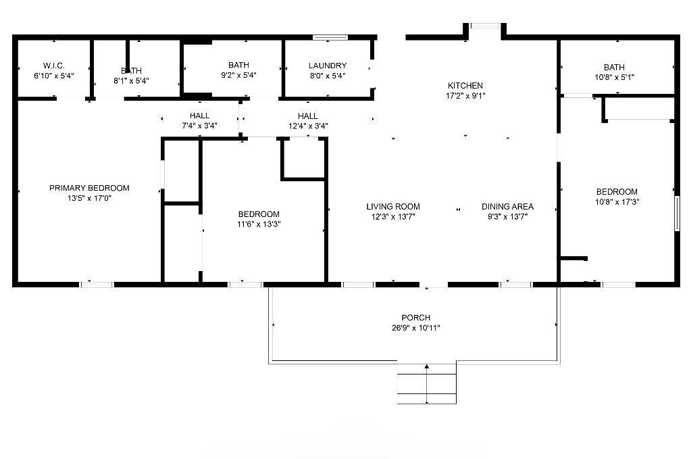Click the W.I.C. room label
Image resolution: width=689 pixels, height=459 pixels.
(53, 66)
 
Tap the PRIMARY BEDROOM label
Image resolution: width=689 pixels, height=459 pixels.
(89, 188)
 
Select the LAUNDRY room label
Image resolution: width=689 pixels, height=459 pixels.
(328, 66)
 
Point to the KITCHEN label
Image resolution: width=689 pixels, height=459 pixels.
(465, 86)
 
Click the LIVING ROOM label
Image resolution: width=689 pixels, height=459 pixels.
(393, 207)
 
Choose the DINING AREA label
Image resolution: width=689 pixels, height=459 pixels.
(507, 207)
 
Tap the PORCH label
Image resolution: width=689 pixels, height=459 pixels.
(415, 318)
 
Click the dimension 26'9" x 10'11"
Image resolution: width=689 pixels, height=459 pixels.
(415, 328)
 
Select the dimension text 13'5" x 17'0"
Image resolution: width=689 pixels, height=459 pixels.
(89, 198)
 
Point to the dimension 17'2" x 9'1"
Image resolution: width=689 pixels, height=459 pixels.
(465, 96)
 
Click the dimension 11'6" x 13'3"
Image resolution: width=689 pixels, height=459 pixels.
(259, 224)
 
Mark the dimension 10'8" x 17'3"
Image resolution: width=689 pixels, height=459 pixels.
(617, 202)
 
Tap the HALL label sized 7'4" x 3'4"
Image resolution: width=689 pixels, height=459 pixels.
(199, 116)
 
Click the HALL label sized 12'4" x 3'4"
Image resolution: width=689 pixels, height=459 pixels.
(307, 116)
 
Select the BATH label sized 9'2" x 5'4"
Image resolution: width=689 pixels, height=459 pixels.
(238, 65)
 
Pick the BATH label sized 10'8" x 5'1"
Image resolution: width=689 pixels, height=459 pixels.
(614, 68)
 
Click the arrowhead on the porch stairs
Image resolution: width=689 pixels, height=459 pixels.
(427, 366)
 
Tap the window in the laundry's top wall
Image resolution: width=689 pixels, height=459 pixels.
(330, 37)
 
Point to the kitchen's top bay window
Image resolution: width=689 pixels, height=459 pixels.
(485, 26)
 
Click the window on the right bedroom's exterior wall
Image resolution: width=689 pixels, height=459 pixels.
(677, 213)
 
